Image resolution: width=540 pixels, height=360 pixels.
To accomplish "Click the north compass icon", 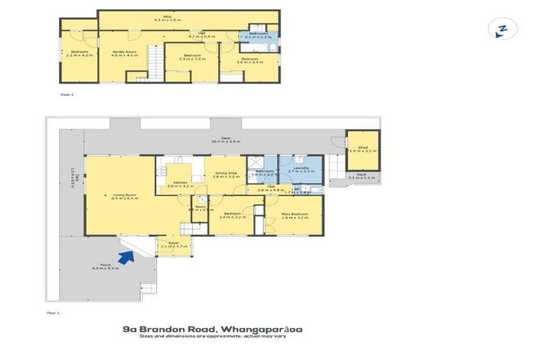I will click(502, 29).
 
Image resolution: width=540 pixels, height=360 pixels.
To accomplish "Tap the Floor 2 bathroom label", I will click(258, 33).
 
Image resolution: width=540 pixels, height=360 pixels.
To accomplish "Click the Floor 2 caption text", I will click(67, 92).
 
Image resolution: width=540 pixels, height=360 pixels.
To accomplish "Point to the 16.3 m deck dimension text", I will click(226, 141).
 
